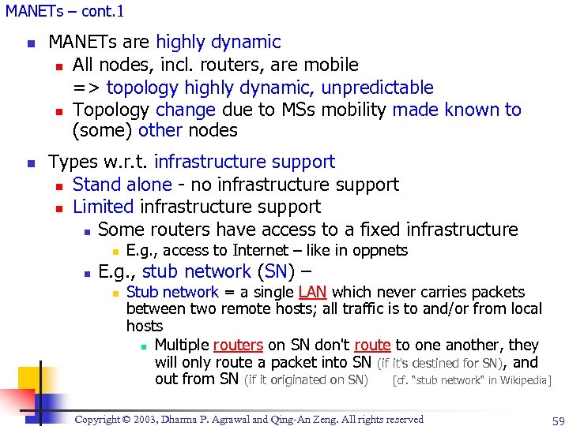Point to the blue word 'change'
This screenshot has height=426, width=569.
(x=186, y=110)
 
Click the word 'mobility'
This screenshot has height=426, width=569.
(x=352, y=110)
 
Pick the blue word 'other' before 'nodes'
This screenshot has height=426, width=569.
(x=160, y=131)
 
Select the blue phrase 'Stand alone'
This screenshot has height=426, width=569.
(x=122, y=185)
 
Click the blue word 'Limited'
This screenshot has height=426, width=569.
(x=103, y=207)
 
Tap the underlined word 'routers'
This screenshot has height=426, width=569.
(x=238, y=346)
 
